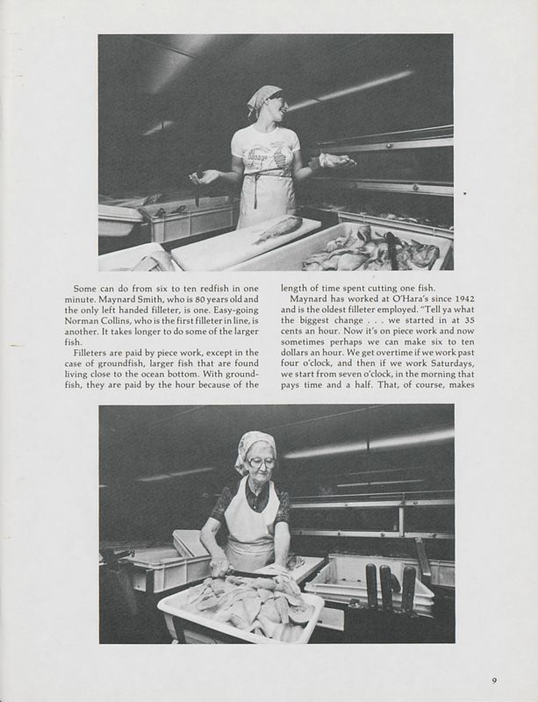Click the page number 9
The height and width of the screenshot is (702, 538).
click(494, 677)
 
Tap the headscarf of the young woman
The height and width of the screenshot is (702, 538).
click(264, 97)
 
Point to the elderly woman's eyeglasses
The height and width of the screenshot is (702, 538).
click(262, 463)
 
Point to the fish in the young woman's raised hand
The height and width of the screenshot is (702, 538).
click(336, 160)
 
